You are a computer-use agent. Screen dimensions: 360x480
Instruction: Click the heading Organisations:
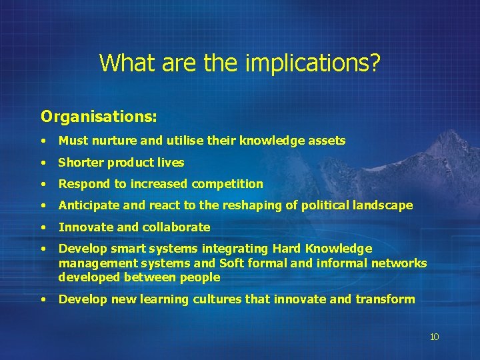coord(99,117)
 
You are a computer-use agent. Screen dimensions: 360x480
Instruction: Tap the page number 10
coord(434,337)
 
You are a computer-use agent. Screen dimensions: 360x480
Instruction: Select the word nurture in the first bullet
coord(111,141)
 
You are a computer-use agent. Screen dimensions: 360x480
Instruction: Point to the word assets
coord(327,141)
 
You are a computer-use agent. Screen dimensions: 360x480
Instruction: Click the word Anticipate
coord(87,206)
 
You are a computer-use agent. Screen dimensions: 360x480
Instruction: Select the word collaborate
coord(177,227)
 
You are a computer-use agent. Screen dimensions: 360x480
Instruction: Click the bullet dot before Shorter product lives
coord(43,163)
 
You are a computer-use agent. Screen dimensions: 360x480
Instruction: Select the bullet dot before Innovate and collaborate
coord(43,227)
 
